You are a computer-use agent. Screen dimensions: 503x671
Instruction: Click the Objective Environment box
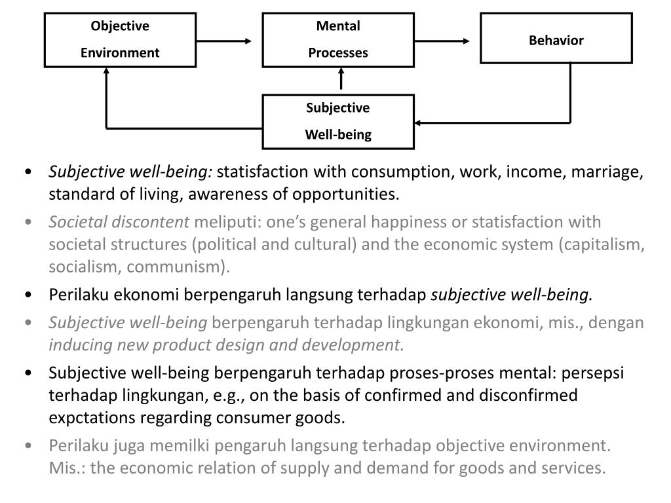pyautogui.click(x=120, y=40)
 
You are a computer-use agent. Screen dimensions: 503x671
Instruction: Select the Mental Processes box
pyautogui.click(x=338, y=40)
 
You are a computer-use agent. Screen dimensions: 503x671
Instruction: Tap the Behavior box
pyautogui.click(x=556, y=38)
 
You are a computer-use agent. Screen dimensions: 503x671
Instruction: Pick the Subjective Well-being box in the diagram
pyautogui.click(x=338, y=121)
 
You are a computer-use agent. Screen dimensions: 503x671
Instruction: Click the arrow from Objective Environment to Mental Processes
pyautogui.click(x=223, y=41)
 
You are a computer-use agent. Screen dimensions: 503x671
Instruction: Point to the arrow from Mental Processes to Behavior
pyautogui.click(x=442, y=41)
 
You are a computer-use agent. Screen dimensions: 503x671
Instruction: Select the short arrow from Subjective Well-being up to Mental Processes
pyautogui.click(x=341, y=80)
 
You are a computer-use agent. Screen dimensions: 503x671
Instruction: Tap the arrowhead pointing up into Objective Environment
pyautogui.click(x=106, y=71)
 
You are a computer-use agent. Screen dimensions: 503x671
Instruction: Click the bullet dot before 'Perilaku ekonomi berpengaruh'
pyautogui.click(x=29, y=295)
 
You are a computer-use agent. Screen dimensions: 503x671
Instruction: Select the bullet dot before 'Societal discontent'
pyautogui.click(x=29, y=223)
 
